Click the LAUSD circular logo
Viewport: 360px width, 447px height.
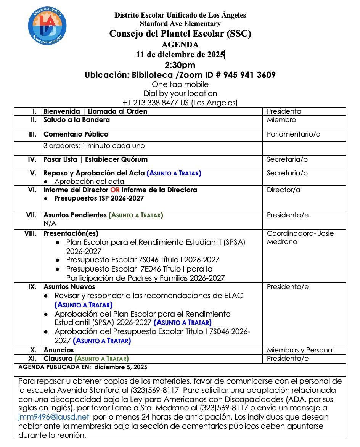click(47, 26)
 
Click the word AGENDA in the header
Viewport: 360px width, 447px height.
click(180, 45)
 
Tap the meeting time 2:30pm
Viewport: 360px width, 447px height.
click(180, 64)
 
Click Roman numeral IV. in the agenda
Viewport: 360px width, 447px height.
click(32, 159)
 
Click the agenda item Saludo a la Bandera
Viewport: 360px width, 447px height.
click(76, 120)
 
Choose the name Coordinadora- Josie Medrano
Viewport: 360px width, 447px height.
click(300, 237)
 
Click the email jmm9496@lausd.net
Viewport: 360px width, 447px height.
click(53, 417)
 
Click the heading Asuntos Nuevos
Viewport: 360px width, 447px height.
click(69, 287)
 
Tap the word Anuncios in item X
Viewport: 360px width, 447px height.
click(58, 350)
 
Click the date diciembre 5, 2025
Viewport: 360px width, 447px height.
click(121, 367)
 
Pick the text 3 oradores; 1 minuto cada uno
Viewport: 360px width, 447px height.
click(94, 146)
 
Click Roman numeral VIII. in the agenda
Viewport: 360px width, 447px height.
click(31, 233)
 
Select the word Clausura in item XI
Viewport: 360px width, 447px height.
click(58, 359)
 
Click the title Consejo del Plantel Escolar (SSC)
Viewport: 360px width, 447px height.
click(180, 34)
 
